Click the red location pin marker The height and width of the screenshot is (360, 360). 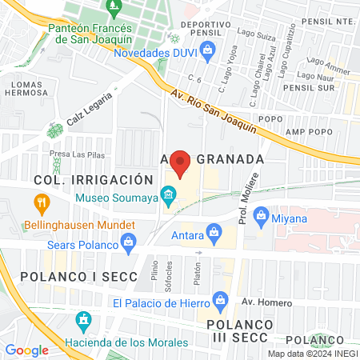[181, 163]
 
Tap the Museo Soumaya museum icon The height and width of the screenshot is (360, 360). [168, 194]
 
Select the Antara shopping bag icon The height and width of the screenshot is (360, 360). [213, 233]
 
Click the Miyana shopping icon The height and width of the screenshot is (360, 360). [261, 216]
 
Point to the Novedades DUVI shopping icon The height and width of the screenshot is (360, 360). [207, 53]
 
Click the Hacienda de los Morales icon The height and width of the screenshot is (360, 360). [82, 322]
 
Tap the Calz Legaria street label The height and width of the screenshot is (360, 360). [86, 109]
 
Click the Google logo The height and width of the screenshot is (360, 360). [26, 350]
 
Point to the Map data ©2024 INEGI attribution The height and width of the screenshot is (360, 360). [312, 354]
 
